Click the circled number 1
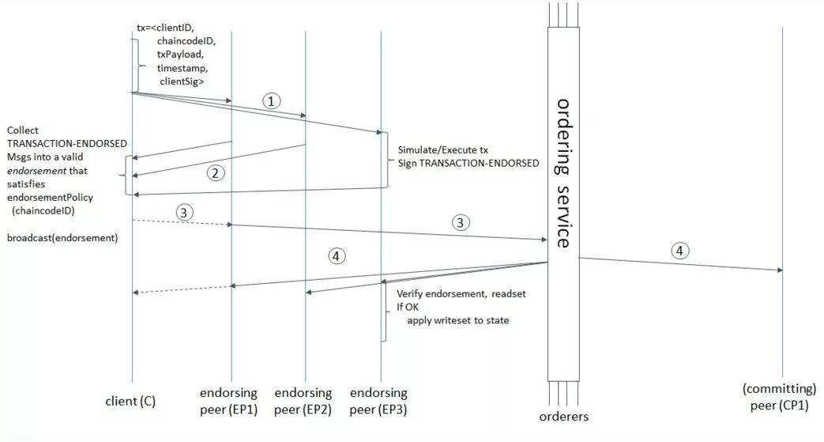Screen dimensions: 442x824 coord(271,101)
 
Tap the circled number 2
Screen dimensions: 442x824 coord(214,172)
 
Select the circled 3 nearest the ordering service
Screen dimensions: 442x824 coord(461,223)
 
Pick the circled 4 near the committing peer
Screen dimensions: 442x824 coord(679,251)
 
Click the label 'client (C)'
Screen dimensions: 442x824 coord(130,401)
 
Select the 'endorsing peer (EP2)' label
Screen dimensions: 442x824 coord(304,400)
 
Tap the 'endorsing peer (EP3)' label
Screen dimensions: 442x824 coord(378,400)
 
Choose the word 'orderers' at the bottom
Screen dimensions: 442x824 coord(564,417)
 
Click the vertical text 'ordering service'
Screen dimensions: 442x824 coord(563,172)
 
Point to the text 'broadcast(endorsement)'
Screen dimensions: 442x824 coord(62,237)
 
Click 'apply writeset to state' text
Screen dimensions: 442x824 coord(459,320)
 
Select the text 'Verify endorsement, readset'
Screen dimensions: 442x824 coord(461,293)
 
